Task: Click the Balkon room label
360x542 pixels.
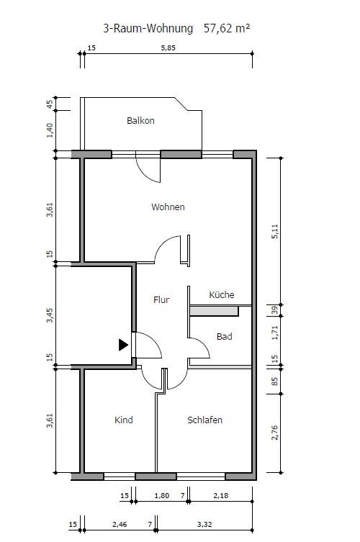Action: click(140, 121)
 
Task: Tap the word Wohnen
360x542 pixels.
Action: click(168, 207)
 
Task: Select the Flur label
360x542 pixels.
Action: click(161, 299)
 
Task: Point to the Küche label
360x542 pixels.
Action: click(222, 294)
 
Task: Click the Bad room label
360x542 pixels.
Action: click(224, 336)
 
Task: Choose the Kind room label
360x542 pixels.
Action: click(123, 420)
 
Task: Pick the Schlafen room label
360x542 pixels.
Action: click(204, 420)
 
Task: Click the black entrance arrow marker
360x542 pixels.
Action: click(123, 345)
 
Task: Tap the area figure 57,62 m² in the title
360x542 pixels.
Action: click(227, 28)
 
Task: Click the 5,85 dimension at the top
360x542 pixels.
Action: click(168, 48)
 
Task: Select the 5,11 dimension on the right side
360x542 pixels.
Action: click(274, 231)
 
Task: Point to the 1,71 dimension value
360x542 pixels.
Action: click(274, 333)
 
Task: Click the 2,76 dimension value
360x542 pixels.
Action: click(274, 433)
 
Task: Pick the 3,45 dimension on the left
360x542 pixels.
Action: click(50, 315)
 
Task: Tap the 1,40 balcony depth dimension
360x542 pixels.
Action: click(50, 130)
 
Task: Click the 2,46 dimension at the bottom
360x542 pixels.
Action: click(120, 525)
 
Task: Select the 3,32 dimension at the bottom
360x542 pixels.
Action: click(204, 525)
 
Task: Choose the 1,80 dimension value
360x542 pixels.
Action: click(162, 496)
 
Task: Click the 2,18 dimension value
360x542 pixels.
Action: click(220, 496)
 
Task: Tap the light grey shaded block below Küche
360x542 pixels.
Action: click(214, 311)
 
